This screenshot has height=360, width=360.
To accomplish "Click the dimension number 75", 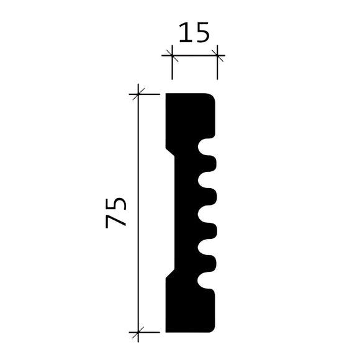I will pos(117,212).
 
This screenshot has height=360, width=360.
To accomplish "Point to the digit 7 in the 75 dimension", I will pos(117,222).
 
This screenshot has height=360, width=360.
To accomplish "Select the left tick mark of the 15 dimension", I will pos(172,56).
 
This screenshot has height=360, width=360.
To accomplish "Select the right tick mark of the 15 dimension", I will pos(218,56).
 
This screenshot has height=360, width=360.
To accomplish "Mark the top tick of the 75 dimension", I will pos(138,94).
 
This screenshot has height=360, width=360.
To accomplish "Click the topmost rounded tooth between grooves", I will pos(211,164).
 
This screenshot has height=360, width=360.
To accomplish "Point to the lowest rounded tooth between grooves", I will pos(211,264).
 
